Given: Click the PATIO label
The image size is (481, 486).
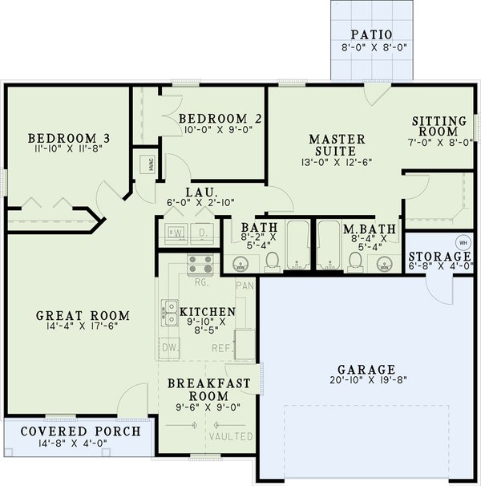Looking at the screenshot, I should click(x=370, y=34).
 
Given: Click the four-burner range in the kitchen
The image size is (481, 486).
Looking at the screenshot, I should click(x=200, y=264).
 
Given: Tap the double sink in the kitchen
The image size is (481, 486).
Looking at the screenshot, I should click(x=171, y=312).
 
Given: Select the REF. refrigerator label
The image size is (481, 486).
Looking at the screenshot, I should click(x=222, y=349).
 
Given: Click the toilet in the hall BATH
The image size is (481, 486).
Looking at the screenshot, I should click(x=273, y=259).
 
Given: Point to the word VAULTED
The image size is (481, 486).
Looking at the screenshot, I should click(x=232, y=437).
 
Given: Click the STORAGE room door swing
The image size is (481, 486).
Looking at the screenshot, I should click(x=441, y=289).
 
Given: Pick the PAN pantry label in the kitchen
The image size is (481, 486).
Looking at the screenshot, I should click(x=245, y=286).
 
